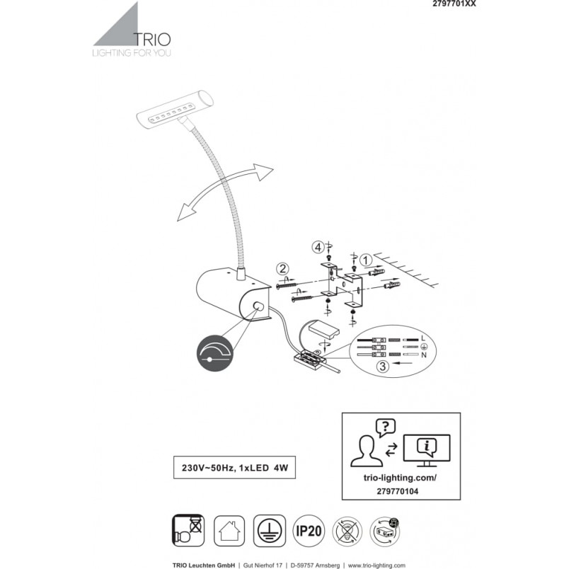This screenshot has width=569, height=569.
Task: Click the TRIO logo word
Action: (152, 39)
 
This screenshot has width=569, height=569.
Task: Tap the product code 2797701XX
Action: (454, 4)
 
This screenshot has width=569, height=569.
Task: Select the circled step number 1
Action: (366, 260)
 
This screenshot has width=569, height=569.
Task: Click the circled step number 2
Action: (282, 269)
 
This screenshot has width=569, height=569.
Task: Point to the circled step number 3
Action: (382, 367)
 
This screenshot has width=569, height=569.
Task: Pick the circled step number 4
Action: (318, 248)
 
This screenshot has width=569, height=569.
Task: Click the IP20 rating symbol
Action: (309, 531)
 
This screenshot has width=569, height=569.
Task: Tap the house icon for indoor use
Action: (229, 531)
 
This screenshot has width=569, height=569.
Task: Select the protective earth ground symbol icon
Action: (269, 531)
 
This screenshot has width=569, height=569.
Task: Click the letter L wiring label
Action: (423, 338)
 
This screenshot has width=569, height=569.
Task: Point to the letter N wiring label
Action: (423, 355)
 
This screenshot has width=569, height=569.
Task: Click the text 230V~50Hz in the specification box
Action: (207, 468)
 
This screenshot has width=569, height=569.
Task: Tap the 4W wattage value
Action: (281, 468)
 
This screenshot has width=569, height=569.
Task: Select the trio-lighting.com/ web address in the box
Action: (400, 478)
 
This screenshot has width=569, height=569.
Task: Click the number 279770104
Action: (397, 491)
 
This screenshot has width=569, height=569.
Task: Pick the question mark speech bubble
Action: (386, 428)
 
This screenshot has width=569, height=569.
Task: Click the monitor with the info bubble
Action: (427, 450)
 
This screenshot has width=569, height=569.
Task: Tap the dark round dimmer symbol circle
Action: (215, 353)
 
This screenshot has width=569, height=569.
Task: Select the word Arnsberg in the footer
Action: (328, 565)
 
